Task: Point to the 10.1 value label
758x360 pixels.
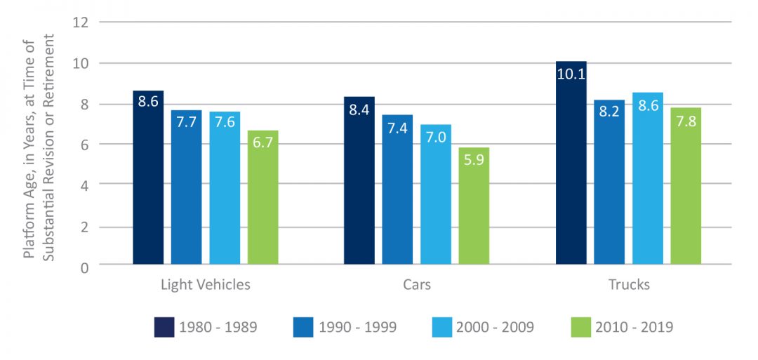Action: [571, 73]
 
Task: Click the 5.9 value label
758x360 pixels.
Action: [474, 159]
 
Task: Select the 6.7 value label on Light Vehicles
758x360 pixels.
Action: [262, 142]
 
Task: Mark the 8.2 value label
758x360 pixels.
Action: [609, 112]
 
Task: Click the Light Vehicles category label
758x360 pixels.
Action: [205, 285]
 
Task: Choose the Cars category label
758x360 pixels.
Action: [416, 285]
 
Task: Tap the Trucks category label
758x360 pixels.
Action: [629, 285]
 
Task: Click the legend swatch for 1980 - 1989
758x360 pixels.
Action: [164, 327]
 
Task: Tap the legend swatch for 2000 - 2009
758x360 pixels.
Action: [444, 327]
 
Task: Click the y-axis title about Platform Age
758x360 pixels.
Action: [39, 145]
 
